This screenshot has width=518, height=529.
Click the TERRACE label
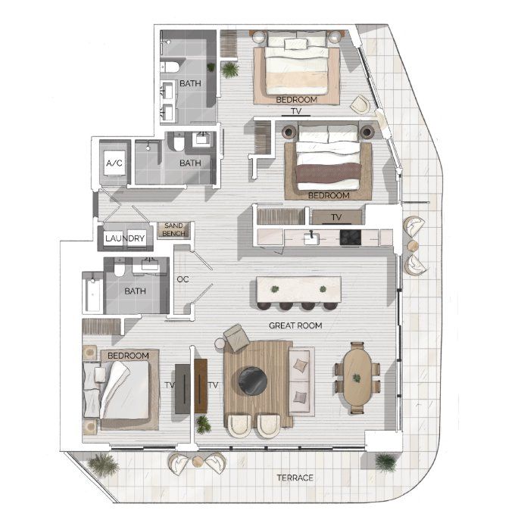coord(295,478)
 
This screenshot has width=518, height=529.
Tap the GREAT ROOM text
coord(295,325)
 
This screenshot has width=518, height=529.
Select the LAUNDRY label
coord(125,238)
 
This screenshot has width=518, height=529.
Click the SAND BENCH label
coord(173,229)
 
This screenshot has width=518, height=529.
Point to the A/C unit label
coord(114,163)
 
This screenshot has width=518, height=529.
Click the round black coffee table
coord(253,381)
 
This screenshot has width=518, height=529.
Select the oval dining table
coord(357,377)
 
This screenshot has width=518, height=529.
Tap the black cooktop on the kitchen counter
coord(350,238)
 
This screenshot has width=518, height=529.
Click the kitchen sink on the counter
coord(311,238)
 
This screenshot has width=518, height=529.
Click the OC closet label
coord(183,279)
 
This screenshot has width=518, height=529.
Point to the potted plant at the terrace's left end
coord(103,465)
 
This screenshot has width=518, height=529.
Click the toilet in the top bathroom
coord(170,67)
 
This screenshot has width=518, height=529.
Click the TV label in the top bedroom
coord(296,111)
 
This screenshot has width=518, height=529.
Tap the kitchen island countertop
coord(299,290)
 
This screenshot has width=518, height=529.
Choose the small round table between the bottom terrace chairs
coord(197,462)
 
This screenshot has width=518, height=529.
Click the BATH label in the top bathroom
coord(190,83)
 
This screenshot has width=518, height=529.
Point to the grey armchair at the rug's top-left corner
coord(237,338)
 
